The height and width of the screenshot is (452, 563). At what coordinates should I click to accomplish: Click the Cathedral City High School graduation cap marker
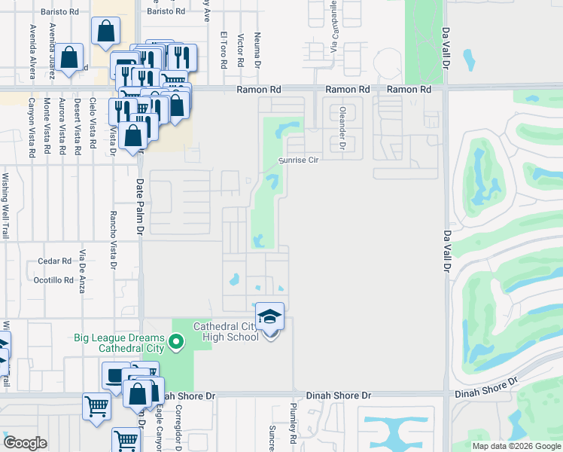click(270, 318)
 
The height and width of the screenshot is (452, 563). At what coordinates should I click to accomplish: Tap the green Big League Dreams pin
click(177, 343)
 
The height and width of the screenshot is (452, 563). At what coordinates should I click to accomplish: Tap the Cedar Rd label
click(54, 261)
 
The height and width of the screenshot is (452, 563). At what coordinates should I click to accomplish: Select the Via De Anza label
click(82, 270)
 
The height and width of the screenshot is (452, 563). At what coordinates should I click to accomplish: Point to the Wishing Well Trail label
click(5, 206)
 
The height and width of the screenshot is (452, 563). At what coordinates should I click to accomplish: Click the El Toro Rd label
click(224, 49)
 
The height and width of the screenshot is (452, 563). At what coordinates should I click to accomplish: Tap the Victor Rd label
click(240, 47)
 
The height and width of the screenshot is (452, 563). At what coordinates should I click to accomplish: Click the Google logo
click(25, 443)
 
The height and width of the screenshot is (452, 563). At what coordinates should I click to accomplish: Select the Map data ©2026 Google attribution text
click(517, 446)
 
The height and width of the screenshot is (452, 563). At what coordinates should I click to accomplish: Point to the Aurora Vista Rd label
click(62, 127)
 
